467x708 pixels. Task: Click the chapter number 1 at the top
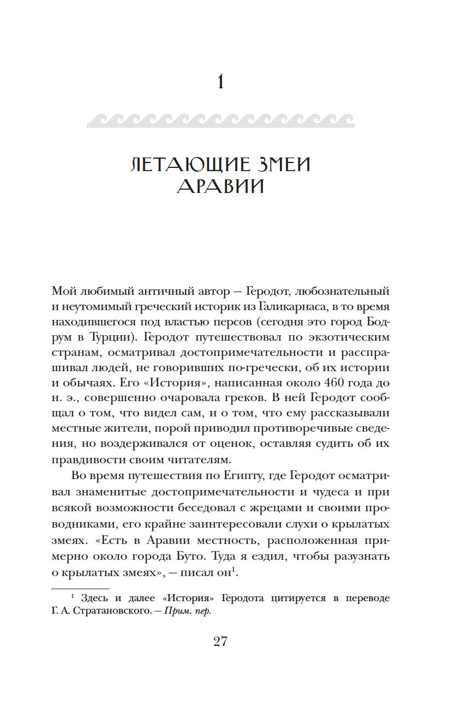220,82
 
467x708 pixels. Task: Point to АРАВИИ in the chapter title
220,186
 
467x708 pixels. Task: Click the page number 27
220,641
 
